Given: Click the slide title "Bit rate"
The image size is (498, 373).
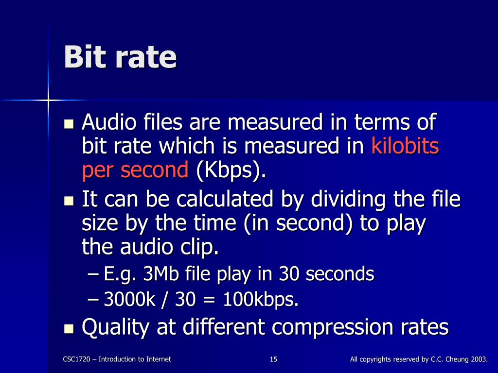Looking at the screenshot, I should [x=120, y=57].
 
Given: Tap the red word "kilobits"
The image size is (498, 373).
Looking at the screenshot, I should [x=405, y=146].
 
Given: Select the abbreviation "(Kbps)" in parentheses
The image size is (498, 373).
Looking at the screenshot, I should [x=231, y=170].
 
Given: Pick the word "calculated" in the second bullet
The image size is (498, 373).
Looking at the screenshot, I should [x=227, y=200].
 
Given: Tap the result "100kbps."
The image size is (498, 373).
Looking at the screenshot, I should [x=261, y=301].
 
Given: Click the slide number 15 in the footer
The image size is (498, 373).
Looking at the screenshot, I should [x=273, y=359].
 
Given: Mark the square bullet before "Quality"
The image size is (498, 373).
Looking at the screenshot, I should [x=69, y=328].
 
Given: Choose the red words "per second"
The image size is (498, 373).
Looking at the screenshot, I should [x=135, y=170].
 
